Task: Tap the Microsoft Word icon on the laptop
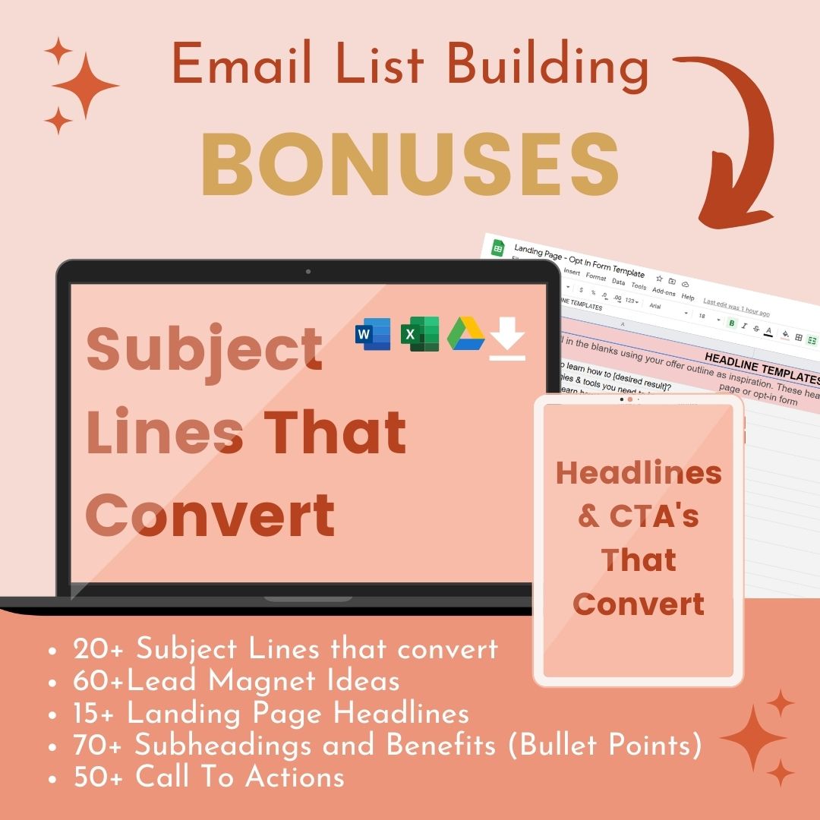[x=373, y=334]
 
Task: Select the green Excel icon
[x=420, y=334]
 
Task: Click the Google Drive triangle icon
[x=466, y=334]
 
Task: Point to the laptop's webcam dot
[x=307, y=271]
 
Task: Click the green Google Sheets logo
[x=498, y=248]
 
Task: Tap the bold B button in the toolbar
[x=732, y=323]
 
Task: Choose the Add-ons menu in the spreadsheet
[x=664, y=292]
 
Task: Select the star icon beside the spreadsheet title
[x=658, y=279]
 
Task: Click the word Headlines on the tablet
[x=639, y=473]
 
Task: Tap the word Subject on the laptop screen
[x=204, y=348]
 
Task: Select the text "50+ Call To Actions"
[x=209, y=777]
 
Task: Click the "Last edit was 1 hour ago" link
[x=736, y=308]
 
